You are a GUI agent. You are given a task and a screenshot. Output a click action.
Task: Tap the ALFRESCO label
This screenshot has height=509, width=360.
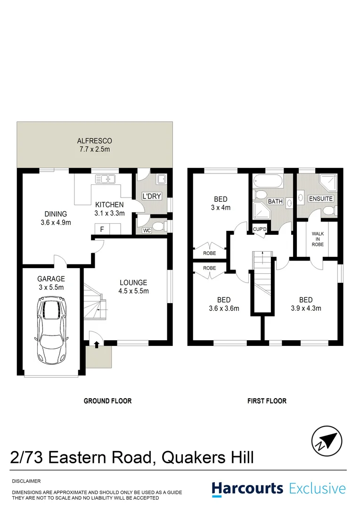tap(94, 141)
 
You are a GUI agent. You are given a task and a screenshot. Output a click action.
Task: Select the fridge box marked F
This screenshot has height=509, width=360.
tap(102, 230)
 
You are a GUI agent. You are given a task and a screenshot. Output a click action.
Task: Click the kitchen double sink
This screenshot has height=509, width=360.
tap(105, 179)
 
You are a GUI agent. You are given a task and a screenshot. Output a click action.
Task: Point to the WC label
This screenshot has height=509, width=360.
tap(147, 230)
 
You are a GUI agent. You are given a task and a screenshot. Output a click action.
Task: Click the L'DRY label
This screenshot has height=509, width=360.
tap(152, 196)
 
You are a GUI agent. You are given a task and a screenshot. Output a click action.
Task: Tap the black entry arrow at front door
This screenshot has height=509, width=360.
tap(97, 345)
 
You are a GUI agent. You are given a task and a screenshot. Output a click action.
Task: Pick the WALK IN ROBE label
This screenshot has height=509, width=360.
tap(318, 238)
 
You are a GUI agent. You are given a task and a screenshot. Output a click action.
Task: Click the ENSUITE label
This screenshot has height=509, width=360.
tap(320, 199)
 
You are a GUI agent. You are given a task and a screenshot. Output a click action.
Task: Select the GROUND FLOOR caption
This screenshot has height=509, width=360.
tap(107, 401)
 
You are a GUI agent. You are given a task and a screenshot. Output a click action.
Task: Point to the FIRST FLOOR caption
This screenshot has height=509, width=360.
tap(267, 401)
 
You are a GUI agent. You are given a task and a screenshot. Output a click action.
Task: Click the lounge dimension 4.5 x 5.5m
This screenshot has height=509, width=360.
tap(133, 291)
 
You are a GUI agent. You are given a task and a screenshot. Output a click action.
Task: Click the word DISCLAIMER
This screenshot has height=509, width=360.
tap(26, 481)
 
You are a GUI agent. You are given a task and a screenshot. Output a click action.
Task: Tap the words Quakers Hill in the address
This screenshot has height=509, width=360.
tap(208, 457)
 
